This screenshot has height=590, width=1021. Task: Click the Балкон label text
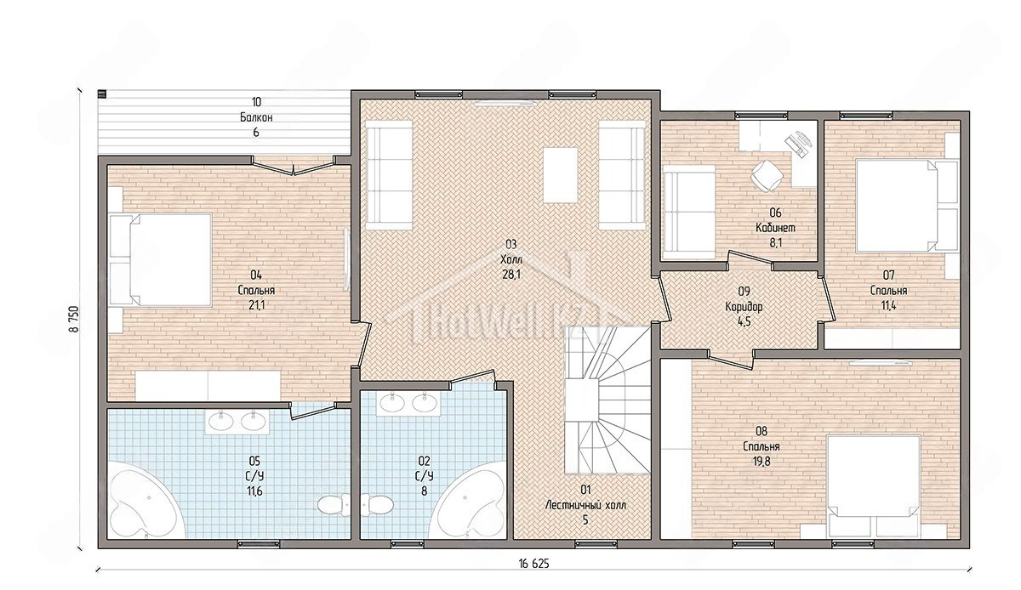[256, 117]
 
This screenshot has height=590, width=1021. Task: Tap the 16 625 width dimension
[533, 564]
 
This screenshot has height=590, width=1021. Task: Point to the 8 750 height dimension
[74, 319]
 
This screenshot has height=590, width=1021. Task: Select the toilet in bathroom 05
[334, 505]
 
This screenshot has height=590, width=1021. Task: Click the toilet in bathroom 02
[377, 505]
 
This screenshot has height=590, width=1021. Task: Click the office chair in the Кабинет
[767, 176]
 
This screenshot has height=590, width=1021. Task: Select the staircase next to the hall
[607, 400]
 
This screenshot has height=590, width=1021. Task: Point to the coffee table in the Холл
[561, 175]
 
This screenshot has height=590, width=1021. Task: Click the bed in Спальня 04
[161, 259]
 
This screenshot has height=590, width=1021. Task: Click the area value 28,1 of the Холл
[511, 275]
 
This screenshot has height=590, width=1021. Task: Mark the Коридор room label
[744, 307]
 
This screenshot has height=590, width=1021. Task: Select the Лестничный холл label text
[585, 505]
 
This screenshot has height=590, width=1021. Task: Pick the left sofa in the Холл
[389, 175]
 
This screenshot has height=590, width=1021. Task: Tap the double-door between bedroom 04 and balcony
[293, 167]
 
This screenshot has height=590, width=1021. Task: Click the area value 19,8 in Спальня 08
[761, 461]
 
